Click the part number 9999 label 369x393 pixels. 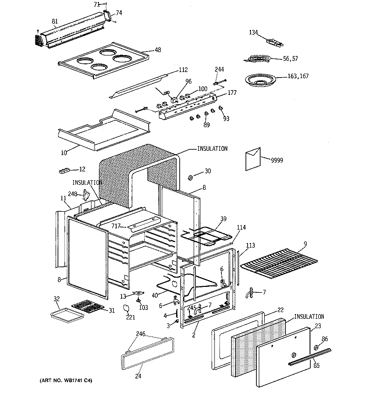coord(277,160)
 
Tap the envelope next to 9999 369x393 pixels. coord(253,159)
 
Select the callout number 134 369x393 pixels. coord(253,32)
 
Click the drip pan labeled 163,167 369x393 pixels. coord(261,80)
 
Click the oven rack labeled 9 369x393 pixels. coord(279,263)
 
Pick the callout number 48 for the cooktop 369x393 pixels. coord(157,50)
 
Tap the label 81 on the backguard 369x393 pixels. coord(55,21)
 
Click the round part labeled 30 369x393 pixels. coord(190,178)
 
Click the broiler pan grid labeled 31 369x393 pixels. coord(88,306)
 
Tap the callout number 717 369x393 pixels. coord(116,226)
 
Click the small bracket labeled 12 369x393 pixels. coord(65,171)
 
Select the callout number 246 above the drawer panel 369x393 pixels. coord(141,334)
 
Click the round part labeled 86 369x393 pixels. coord(316,348)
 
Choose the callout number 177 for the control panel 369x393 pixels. coord(232,92)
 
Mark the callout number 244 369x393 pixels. coord(219,69)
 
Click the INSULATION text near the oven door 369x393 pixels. coord(309,316)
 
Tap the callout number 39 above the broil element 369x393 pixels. coord(223,219)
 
